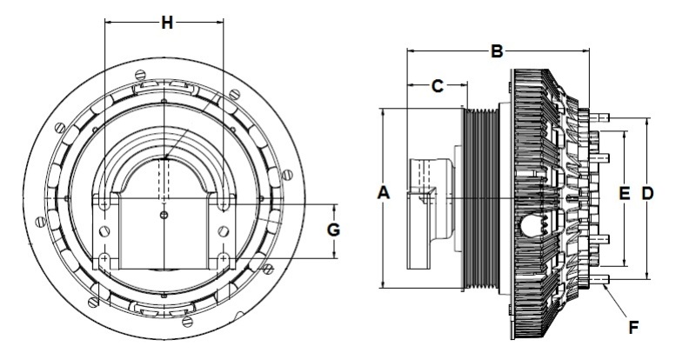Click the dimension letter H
point(166,23)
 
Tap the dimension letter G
point(332,230)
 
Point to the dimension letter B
point(496,52)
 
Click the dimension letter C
point(438,85)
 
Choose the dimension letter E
point(624,196)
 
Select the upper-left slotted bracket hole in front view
point(104,201)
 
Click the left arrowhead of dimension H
point(107,23)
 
